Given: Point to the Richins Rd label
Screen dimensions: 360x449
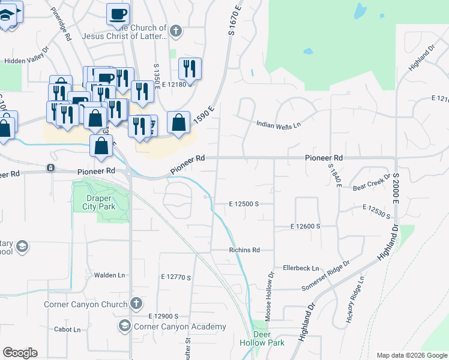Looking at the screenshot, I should click(244, 250).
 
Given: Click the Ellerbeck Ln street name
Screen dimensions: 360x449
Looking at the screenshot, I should click(301, 268).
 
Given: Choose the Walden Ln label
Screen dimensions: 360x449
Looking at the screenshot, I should click(109, 275).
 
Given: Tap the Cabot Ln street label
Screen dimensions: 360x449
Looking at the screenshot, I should click(67, 329).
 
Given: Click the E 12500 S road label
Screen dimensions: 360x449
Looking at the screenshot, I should click(244, 204).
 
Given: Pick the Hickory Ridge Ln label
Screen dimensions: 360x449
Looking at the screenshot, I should click(355, 300).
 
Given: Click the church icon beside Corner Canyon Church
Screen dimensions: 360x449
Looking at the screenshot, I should click(136, 304).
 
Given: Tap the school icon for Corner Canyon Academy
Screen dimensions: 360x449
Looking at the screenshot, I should click(125, 326).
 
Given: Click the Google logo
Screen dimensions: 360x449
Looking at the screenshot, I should click(20, 353).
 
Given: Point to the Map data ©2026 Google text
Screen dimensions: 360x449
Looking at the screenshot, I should click(412, 355).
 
